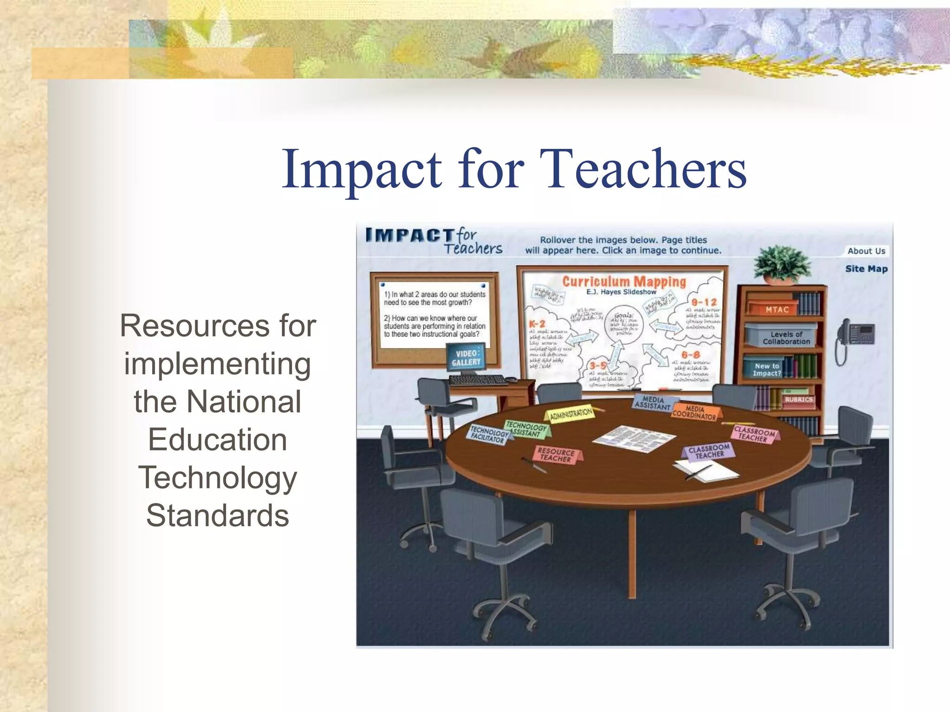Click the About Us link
click(x=866, y=251)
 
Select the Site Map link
click(x=866, y=269)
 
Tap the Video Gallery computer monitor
click(x=466, y=357)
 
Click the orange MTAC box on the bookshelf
click(x=777, y=309)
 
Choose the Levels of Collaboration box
click(x=786, y=337)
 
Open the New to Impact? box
click(x=766, y=369)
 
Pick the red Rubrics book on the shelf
click(x=798, y=400)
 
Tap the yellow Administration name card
click(x=571, y=413)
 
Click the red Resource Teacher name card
click(x=556, y=455)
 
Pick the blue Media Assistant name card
click(x=653, y=403)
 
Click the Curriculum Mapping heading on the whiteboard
click(x=624, y=281)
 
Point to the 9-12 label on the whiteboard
click(x=704, y=302)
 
